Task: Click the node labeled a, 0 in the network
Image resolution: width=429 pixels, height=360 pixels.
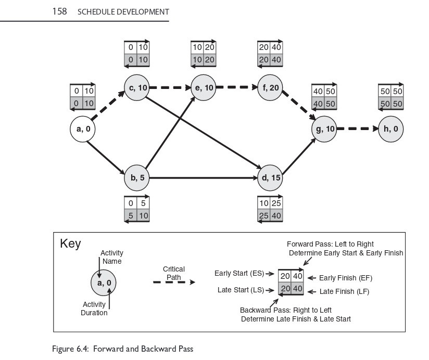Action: pos(83,130)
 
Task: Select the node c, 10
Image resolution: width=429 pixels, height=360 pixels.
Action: pos(137,88)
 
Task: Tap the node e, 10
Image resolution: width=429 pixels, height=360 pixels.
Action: pos(204,88)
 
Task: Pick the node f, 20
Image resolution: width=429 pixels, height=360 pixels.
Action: pos(270,88)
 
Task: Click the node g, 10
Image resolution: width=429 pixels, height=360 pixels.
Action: pos(324,129)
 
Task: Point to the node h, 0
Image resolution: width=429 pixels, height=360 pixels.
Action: pos(391,129)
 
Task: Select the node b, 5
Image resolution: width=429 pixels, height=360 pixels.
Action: pos(137,178)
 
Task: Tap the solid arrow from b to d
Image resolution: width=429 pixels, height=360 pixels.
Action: pos(203,178)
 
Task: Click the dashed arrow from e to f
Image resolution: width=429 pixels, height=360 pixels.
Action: pos(236,87)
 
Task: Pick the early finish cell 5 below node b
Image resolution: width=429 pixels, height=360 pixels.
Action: pos(143,204)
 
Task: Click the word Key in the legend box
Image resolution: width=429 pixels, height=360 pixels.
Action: pos(70,243)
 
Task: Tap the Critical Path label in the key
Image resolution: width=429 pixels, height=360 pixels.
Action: pos(173,273)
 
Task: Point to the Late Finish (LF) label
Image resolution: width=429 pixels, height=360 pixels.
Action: pos(344,292)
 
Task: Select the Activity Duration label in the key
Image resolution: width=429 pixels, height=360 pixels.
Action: pos(94,308)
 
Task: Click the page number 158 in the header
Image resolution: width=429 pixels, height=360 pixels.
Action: pos(59,11)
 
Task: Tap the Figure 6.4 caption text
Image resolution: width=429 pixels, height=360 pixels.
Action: pos(122,349)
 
